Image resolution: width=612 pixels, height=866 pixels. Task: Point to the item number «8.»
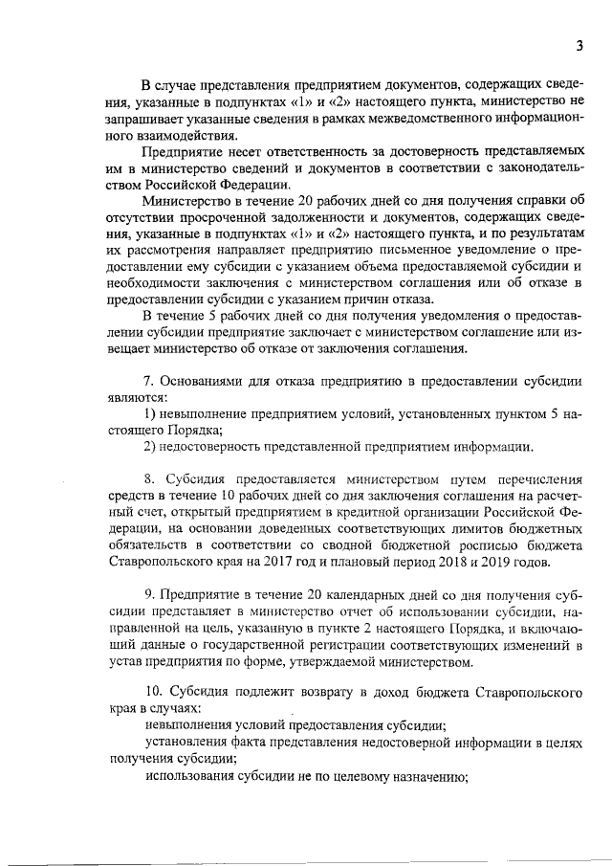[149, 478]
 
